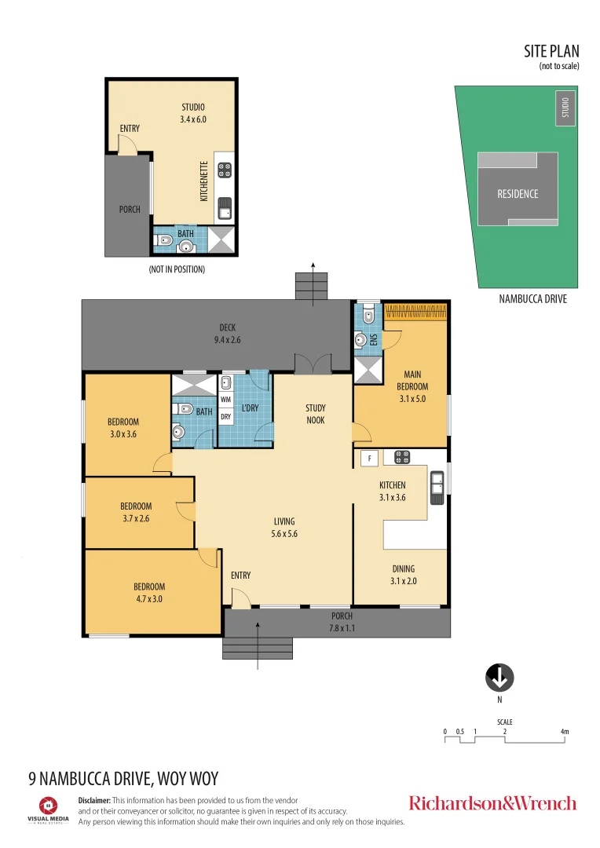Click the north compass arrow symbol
click(x=499, y=676)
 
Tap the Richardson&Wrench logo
click(x=492, y=803)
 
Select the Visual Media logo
click(x=49, y=809)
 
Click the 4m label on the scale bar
click(x=564, y=732)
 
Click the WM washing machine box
click(x=225, y=400)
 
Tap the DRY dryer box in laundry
click(x=225, y=417)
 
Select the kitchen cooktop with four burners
click(x=402, y=456)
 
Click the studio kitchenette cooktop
click(x=225, y=169)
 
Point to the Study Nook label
click(x=316, y=414)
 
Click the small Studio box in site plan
click(x=564, y=108)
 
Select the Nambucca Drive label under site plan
click(x=533, y=299)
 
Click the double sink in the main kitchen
click(x=437, y=487)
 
